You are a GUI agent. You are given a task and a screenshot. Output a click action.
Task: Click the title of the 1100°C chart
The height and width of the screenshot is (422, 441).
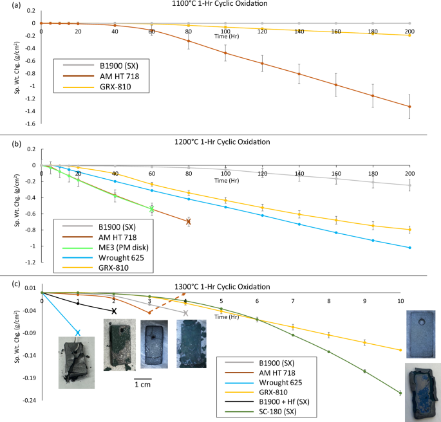[x=225, y=4]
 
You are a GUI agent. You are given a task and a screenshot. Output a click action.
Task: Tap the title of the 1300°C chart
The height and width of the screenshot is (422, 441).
[x=225, y=286]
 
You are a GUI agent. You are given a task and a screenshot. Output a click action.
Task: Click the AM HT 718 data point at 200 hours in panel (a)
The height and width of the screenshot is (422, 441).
[x=409, y=107]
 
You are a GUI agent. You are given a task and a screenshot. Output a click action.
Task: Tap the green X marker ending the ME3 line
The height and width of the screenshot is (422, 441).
[x=152, y=208]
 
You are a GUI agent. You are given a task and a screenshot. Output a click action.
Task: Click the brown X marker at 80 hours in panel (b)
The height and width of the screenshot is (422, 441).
[x=189, y=221]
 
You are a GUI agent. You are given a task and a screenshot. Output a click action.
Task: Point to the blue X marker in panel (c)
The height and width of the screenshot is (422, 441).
[x=78, y=333]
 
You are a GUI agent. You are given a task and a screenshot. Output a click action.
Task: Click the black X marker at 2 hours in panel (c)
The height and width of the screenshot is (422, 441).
[x=114, y=311]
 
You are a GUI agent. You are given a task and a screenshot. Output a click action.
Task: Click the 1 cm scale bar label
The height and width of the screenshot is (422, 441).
[x=144, y=385]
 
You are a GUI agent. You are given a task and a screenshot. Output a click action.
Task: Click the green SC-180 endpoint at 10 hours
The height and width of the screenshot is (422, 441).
[x=400, y=393]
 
